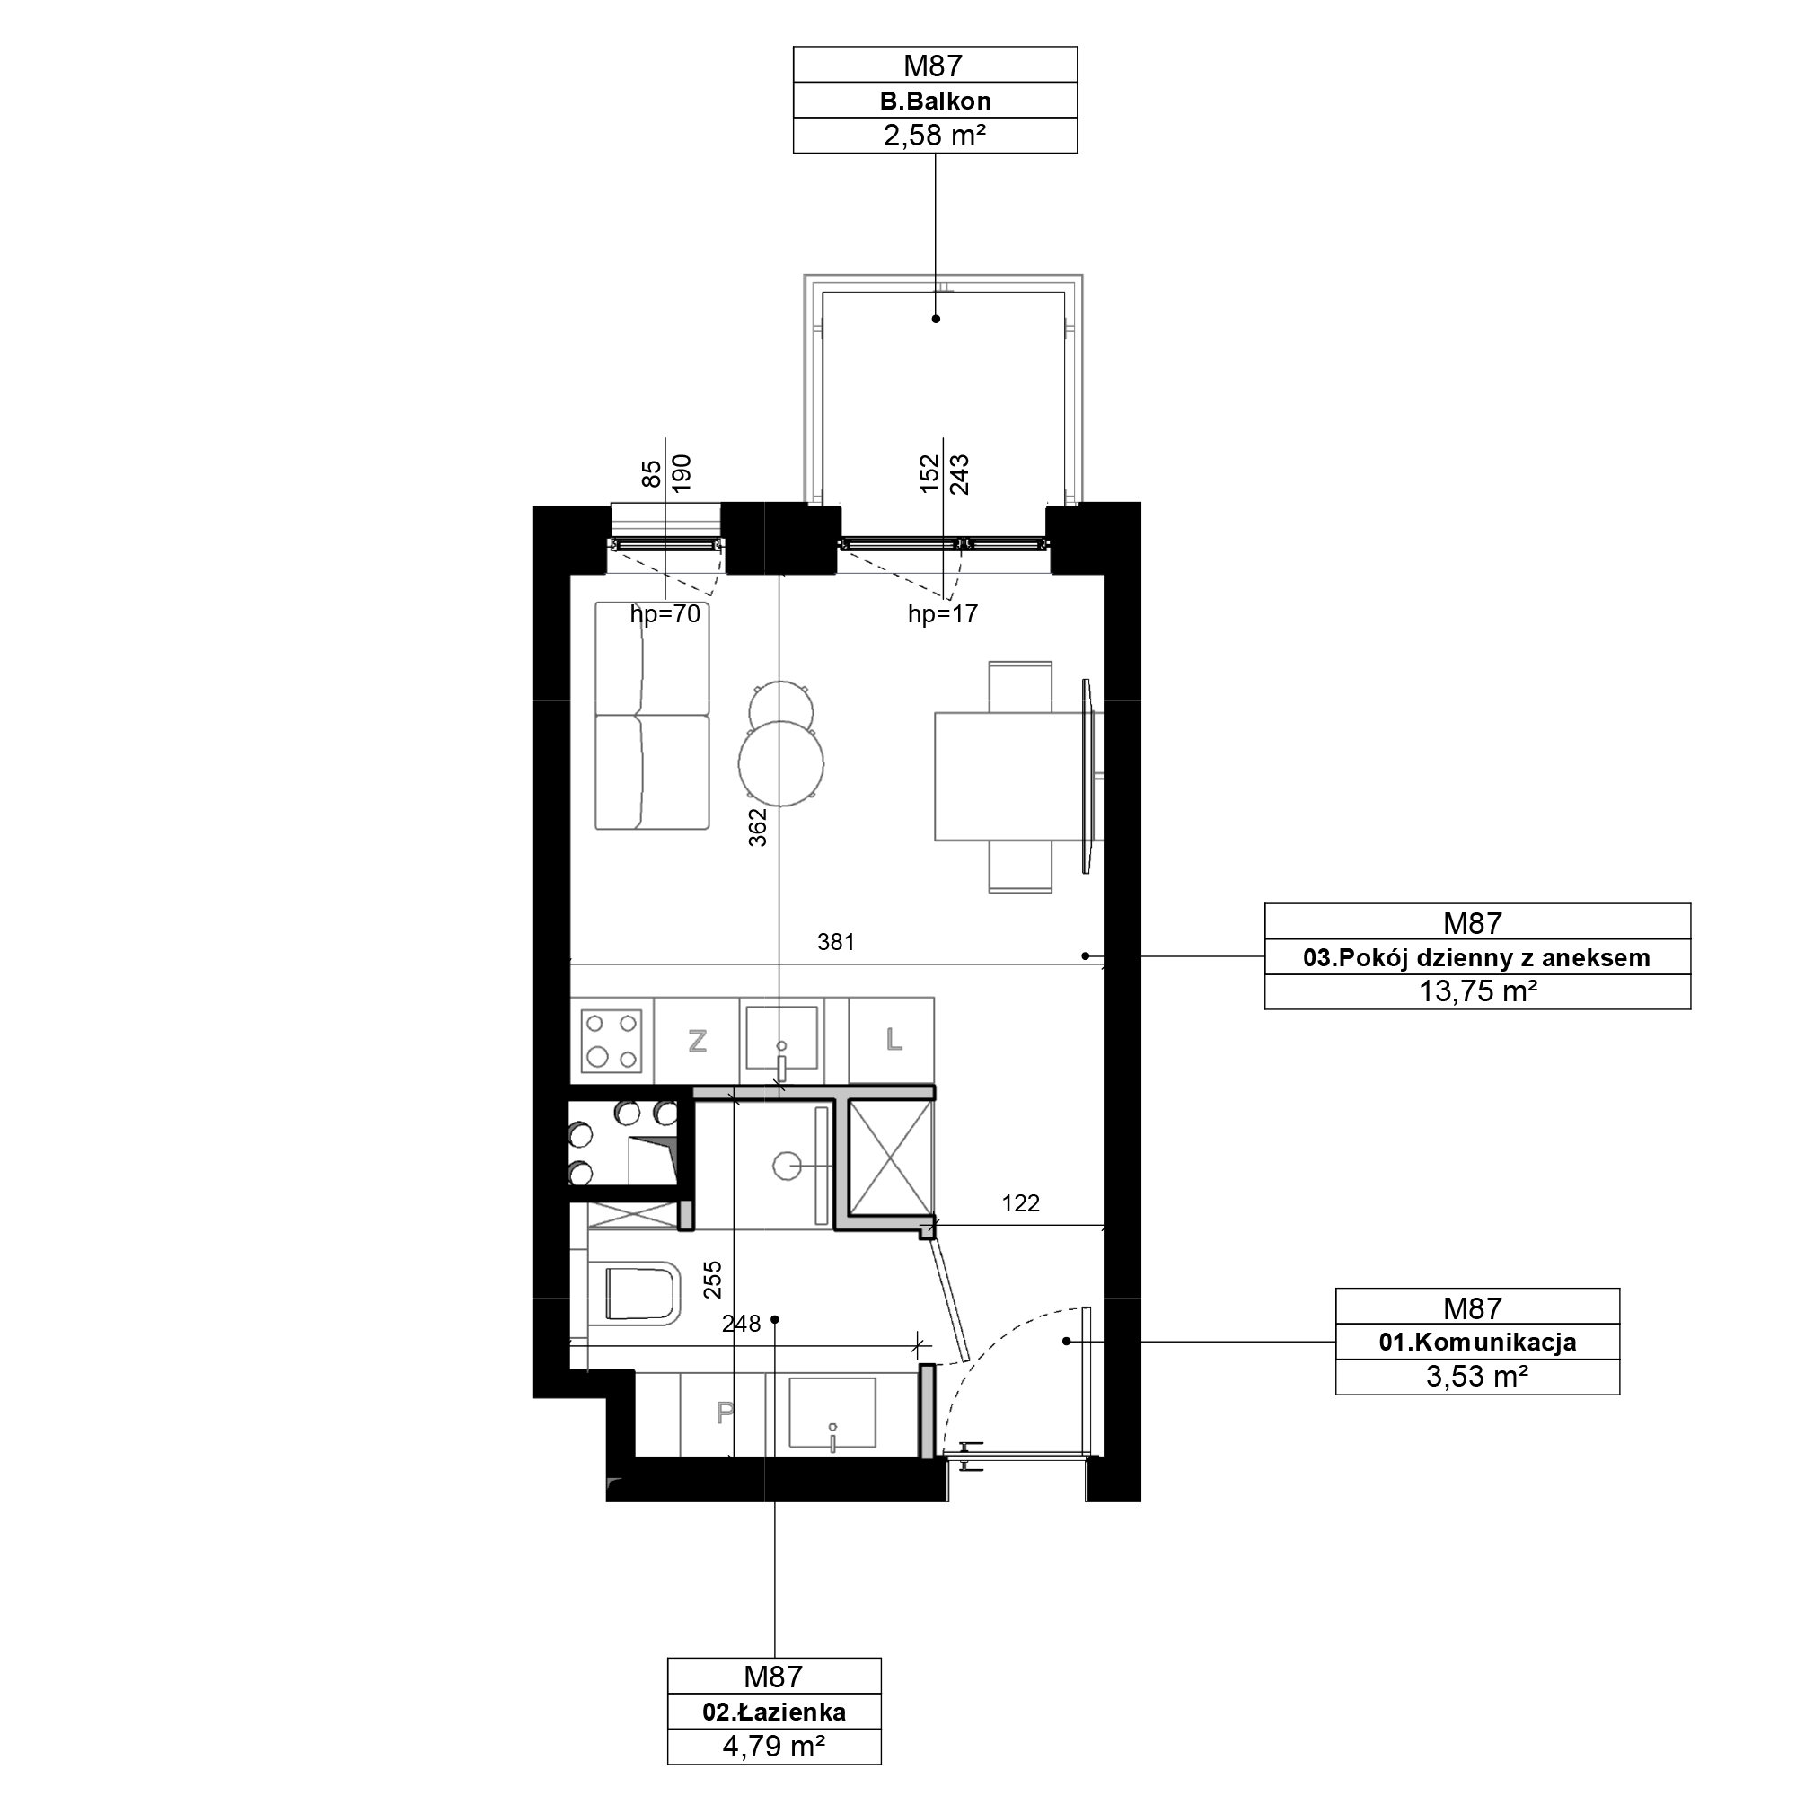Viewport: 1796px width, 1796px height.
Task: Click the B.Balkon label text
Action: (935, 101)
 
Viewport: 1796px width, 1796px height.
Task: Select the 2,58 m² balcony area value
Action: (934, 136)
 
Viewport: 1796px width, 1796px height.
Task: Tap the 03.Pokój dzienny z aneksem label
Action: (1476, 957)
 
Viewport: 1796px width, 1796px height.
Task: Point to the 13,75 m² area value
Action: (1477, 992)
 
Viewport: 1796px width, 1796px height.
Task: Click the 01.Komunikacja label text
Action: (1477, 1343)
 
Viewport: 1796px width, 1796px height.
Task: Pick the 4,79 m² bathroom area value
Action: (773, 1748)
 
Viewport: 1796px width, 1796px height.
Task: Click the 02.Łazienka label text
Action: (773, 1712)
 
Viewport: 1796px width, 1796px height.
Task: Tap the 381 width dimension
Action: (836, 943)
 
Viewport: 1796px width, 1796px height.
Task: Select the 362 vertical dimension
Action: (759, 827)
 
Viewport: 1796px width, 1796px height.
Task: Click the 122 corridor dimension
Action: (1021, 1204)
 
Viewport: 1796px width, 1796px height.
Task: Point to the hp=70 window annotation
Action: (665, 613)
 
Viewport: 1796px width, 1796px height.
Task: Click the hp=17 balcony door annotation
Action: (943, 613)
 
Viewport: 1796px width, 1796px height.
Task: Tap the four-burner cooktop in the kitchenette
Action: (612, 1041)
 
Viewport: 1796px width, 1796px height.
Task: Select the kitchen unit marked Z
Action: (697, 1041)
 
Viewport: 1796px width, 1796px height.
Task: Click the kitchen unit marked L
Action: (893, 1041)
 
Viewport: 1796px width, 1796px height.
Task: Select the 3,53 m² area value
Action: (1477, 1377)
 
